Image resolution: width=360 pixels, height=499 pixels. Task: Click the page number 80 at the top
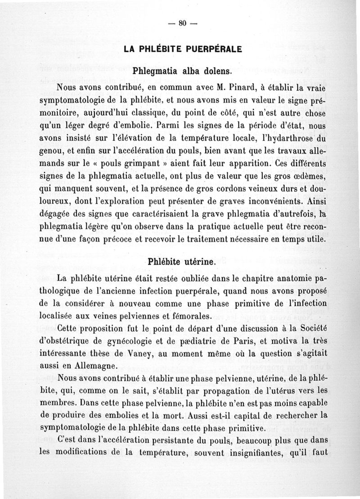(182, 24)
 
